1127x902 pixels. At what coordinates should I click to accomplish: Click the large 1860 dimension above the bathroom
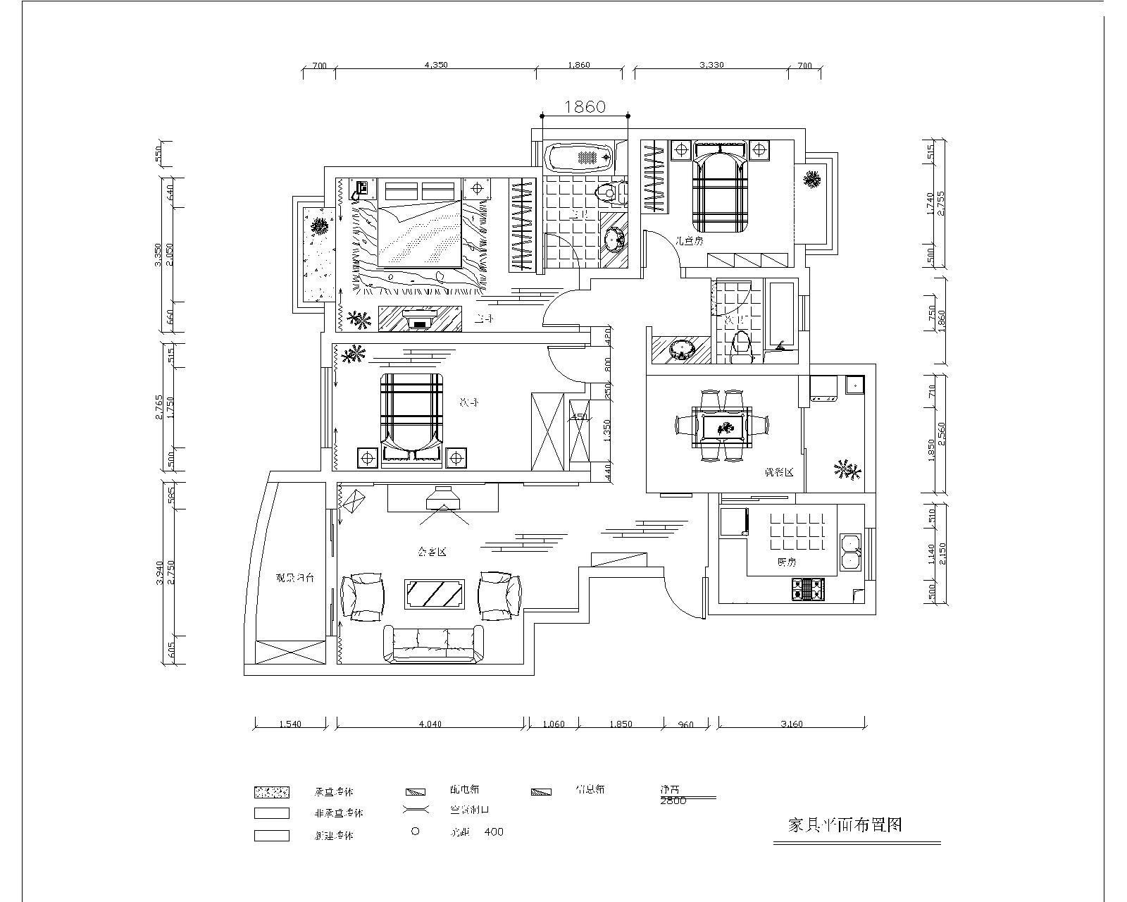pyautogui.click(x=585, y=106)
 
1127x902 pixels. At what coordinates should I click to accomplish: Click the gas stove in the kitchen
pyautogui.click(x=809, y=589)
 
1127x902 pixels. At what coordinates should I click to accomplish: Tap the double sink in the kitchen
pyautogui.click(x=851, y=552)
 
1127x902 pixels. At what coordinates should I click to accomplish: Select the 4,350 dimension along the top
pyautogui.click(x=436, y=65)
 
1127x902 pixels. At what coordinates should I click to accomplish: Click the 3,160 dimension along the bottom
pyautogui.click(x=792, y=724)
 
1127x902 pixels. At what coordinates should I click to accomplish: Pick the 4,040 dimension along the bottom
pyautogui.click(x=430, y=724)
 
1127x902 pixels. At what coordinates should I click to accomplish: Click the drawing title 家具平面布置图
pyautogui.click(x=845, y=824)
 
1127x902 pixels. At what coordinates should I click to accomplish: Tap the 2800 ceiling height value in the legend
pyautogui.click(x=673, y=801)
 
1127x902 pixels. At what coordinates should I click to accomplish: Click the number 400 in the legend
pyautogui.click(x=494, y=832)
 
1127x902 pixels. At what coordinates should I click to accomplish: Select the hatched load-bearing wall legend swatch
pyautogui.click(x=271, y=791)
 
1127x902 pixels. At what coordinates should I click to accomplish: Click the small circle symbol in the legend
pyautogui.click(x=415, y=832)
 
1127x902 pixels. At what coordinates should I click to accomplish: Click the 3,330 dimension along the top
pyautogui.click(x=711, y=65)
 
